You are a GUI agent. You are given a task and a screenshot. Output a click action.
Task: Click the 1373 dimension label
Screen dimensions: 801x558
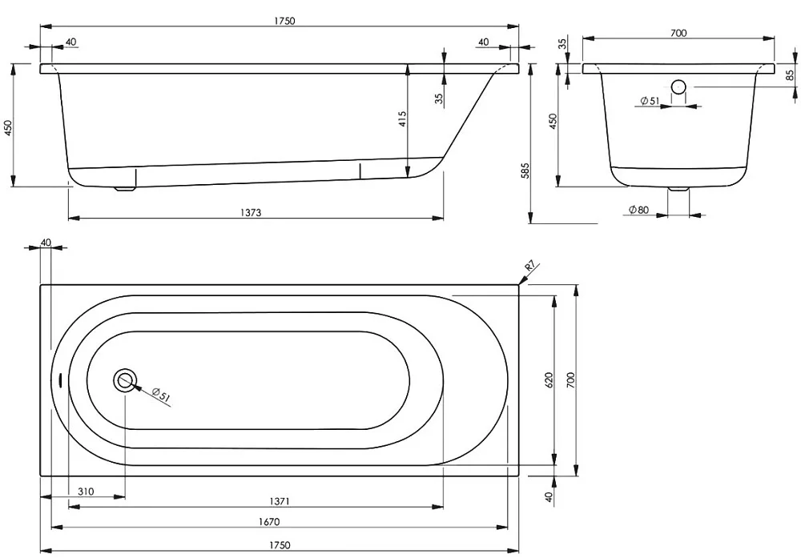coord(251,212)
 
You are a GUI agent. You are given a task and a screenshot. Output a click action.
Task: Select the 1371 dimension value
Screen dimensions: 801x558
coord(280,501)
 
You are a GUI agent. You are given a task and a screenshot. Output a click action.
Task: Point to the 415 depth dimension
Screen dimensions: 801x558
coord(403,119)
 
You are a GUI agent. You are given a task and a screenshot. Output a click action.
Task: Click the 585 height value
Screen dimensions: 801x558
coord(525,171)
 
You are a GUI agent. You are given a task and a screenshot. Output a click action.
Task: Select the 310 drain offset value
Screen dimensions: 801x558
coord(86,492)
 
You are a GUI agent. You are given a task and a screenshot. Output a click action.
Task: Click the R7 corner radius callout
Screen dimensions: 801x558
coord(530,267)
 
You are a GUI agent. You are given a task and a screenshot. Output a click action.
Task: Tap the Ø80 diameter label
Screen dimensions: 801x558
coord(638,210)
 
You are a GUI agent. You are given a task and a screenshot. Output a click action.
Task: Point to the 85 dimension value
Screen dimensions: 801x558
coord(791,75)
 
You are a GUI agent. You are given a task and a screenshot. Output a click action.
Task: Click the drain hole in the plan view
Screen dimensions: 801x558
coord(125,380)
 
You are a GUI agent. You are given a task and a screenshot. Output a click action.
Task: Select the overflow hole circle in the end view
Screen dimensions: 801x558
coord(678,87)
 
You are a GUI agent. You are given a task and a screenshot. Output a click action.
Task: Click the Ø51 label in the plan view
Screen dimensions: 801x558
coord(160,394)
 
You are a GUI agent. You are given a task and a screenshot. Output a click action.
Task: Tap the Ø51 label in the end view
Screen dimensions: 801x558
coord(650,101)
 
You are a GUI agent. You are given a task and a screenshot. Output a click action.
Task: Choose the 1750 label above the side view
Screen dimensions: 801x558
coord(284,21)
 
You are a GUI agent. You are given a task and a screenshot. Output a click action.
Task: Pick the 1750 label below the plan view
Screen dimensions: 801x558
coord(280,545)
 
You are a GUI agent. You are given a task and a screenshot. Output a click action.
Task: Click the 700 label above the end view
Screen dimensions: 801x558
coord(678,33)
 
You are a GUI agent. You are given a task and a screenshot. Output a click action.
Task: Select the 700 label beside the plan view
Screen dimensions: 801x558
coord(570,380)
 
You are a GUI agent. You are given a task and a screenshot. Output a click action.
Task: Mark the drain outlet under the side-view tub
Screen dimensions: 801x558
coord(125,188)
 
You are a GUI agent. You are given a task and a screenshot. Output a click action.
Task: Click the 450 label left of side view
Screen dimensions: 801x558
coord(8,127)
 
